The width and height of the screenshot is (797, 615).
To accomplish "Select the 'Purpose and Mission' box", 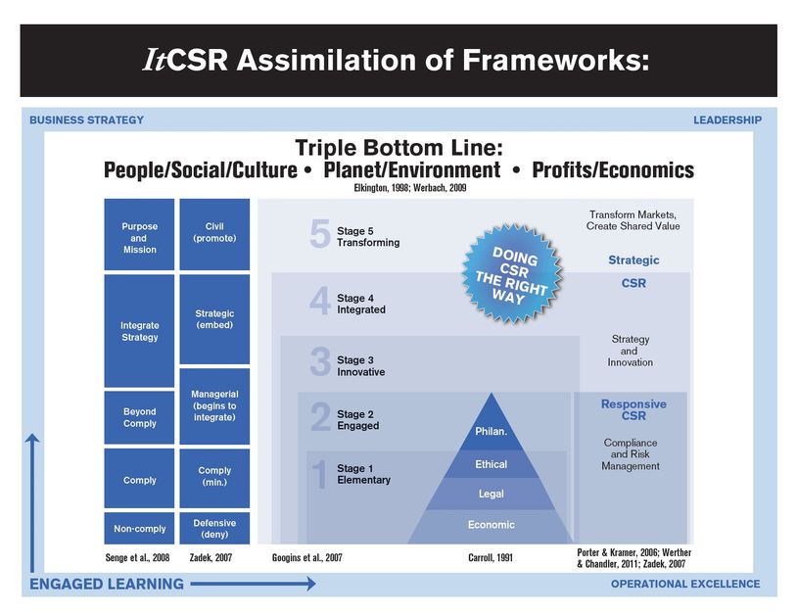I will coord(138,237).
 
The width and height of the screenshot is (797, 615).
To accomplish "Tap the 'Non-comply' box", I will coord(139,529).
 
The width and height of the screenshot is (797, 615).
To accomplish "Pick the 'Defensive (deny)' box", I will coord(214,529).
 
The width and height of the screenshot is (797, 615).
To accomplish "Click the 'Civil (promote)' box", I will coord(214,233).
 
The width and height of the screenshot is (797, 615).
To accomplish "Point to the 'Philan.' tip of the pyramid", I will coord(491,428).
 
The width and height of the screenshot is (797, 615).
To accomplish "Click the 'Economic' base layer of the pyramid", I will coord(491,525).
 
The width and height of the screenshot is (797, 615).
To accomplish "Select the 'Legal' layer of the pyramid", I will coord(491,495).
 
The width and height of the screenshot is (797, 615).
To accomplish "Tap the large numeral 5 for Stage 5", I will coord(319,236).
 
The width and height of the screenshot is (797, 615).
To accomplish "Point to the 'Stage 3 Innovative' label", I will coord(361,366).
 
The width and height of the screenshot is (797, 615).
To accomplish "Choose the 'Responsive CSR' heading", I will coord(633,409).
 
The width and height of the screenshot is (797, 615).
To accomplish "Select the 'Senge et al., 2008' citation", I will coord(139,557).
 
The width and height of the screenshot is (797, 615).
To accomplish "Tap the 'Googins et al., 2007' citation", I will coord(306,557).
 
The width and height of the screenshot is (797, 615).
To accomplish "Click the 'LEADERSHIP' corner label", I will coord(727,120).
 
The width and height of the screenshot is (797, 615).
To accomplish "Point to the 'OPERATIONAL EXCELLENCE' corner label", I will coord(684,584).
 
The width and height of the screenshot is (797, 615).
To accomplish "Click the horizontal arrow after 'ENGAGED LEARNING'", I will coord(253,584).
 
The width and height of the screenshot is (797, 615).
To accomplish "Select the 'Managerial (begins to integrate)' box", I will coord(214,405).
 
